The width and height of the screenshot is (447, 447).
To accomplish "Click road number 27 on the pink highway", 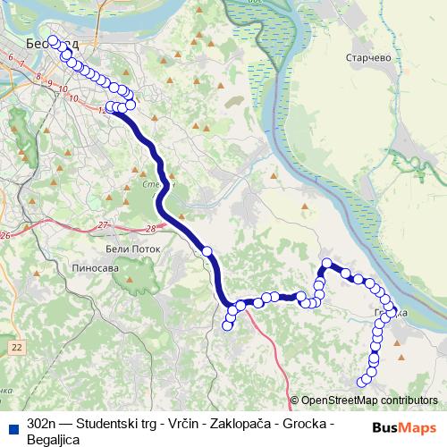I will pos(104,224).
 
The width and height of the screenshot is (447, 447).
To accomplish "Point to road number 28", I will pos(150,230).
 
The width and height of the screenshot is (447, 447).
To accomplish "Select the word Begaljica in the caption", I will pos(54,440).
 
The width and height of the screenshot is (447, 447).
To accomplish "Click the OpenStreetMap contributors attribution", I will pos(369,401).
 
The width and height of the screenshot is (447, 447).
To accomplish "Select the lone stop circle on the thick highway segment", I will pos(207,252).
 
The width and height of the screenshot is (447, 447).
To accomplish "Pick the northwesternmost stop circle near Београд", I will pos(53,40).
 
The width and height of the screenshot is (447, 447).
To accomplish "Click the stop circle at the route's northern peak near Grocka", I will pos(327,264).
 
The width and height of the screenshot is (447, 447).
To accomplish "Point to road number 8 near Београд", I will pos(38,78).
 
